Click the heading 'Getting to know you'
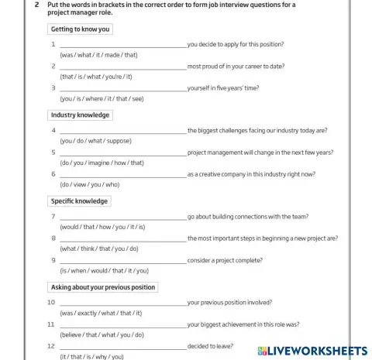[x=81, y=29]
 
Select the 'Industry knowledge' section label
[x=81, y=115]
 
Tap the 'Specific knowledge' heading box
[x=80, y=201]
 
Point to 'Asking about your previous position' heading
[x=103, y=287]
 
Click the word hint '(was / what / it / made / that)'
[x=98, y=55]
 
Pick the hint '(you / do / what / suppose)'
[x=95, y=141]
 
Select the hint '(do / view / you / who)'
[x=90, y=184]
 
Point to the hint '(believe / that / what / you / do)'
[x=102, y=334]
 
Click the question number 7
[x=53, y=218]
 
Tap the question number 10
[x=51, y=303]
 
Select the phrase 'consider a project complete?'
[x=226, y=261]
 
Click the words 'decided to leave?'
[x=210, y=346]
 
